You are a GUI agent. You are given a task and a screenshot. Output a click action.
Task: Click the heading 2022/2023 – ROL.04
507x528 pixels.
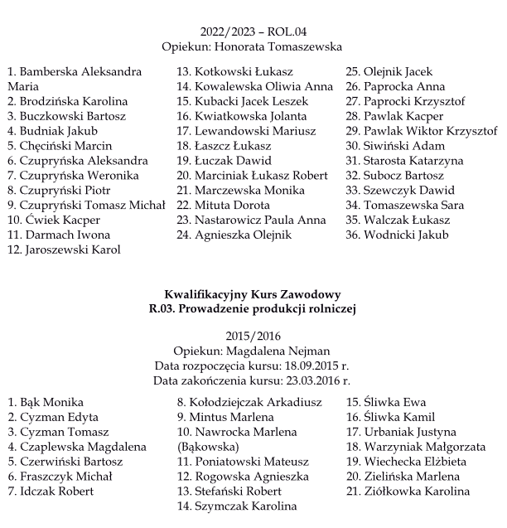click(x=253, y=31)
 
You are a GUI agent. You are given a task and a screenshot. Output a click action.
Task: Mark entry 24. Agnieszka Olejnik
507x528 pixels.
click(x=234, y=235)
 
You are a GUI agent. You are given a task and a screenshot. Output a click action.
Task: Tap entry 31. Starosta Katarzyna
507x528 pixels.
click(x=404, y=161)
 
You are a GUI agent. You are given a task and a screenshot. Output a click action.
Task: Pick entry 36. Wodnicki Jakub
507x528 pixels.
click(x=397, y=235)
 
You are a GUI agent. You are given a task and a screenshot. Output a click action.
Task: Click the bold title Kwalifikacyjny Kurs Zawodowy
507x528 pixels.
click(x=253, y=294)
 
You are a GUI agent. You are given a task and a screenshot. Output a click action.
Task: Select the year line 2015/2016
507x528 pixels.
click(x=253, y=336)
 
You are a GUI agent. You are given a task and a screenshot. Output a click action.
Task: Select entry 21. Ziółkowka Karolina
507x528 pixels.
click(x=407, y=491)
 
